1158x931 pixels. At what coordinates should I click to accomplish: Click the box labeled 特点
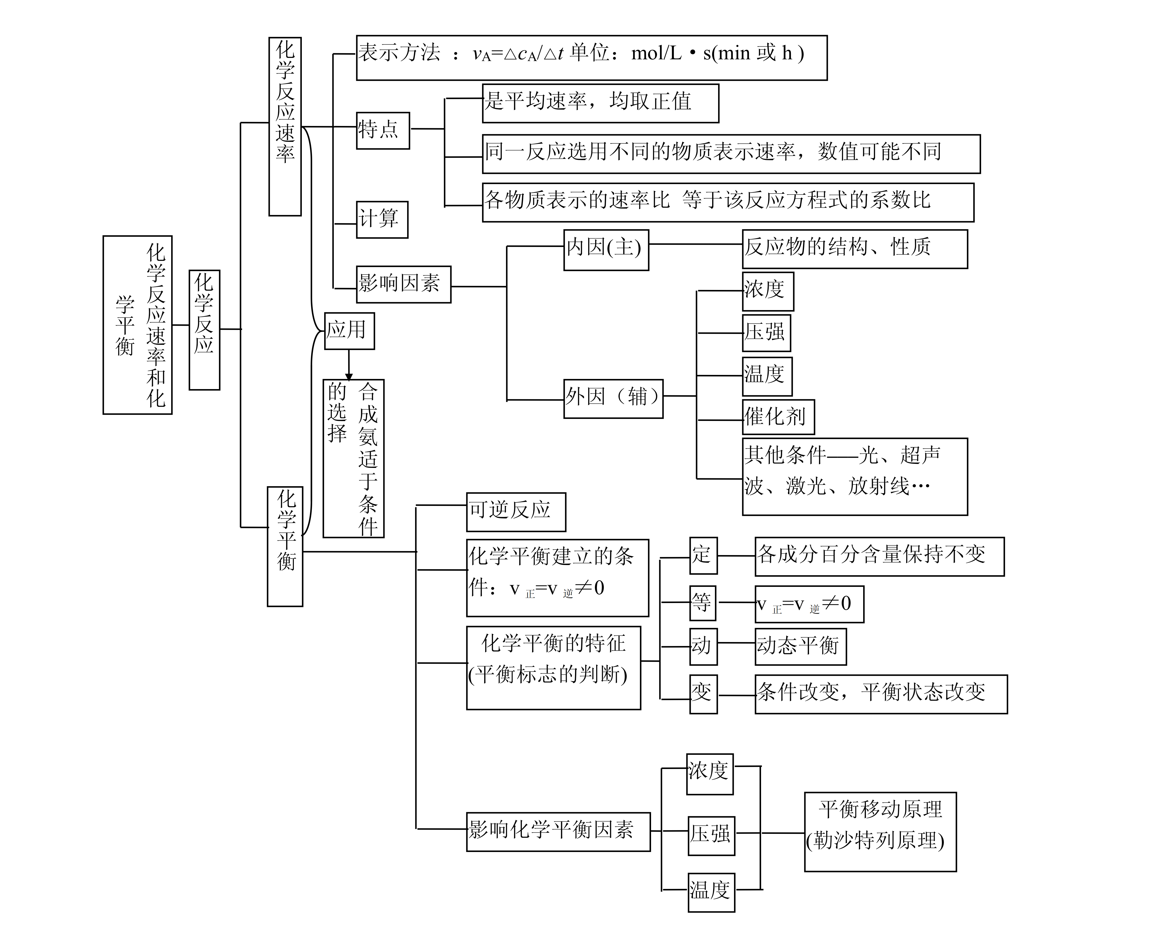383,130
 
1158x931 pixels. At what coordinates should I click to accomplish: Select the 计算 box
382,219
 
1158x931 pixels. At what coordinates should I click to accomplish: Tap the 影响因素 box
403,284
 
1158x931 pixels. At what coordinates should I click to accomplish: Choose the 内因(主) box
606,250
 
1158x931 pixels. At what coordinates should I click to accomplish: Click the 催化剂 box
778,417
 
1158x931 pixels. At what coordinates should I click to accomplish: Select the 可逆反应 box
516,511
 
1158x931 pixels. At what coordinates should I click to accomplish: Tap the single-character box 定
703,556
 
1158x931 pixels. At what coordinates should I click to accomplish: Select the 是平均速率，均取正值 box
600,103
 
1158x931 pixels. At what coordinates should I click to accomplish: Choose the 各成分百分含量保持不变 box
879,556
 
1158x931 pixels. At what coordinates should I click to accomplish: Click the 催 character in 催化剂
754,417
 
